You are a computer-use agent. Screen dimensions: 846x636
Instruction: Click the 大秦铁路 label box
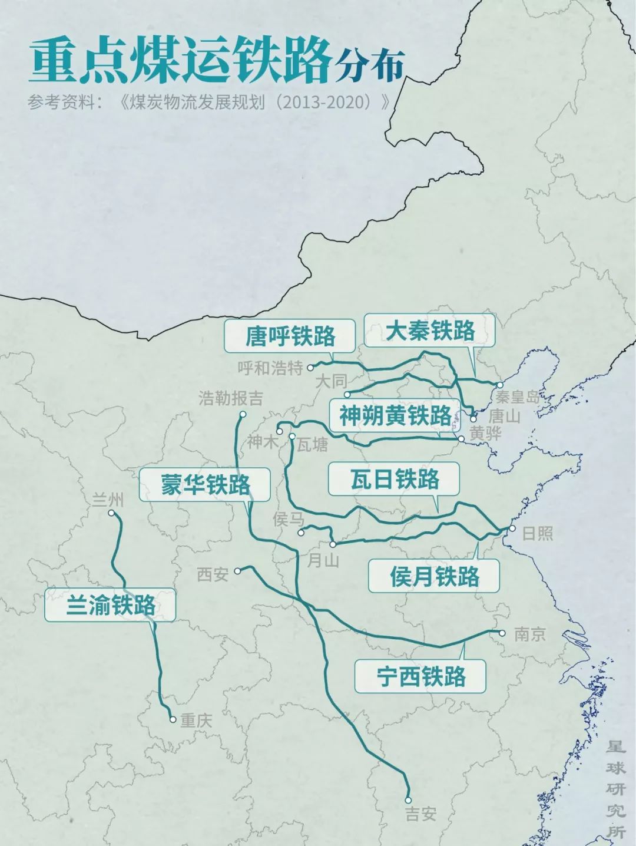[x=429, y=331]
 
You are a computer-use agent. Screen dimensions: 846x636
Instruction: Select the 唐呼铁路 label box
[x=290, y=336]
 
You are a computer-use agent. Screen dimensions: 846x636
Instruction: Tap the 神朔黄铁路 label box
[x=395, y=417]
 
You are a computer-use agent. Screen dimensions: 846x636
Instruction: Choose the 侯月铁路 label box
[x=434, y=576]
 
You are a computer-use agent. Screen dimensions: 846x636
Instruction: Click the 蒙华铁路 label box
[x=205, y=485]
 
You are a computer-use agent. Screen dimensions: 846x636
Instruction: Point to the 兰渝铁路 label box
[x=110, y=605]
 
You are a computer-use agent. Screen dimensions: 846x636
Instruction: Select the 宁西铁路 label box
[x=420, y=676]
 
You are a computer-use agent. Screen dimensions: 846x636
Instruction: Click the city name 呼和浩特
[x=270, y=368]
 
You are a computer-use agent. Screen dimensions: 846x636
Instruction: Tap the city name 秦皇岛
[x=517, y=396]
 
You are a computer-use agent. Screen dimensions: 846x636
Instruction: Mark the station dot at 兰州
[x=111, y=513]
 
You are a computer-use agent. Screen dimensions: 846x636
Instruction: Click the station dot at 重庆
[x=173, y=719]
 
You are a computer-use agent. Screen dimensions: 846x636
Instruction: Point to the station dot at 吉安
[x=408, y=800]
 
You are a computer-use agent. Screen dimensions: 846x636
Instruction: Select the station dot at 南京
[x=502, y=633]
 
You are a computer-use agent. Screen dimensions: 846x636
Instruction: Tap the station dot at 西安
[x=237, y=570]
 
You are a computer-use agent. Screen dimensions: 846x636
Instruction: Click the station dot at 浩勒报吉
[x=242, y=415]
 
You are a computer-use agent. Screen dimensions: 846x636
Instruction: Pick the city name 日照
[x=538, y=533]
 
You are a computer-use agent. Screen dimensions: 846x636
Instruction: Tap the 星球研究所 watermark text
[x=616, y=789]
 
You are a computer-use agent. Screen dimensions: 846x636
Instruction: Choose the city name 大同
[x=331, y=381]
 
